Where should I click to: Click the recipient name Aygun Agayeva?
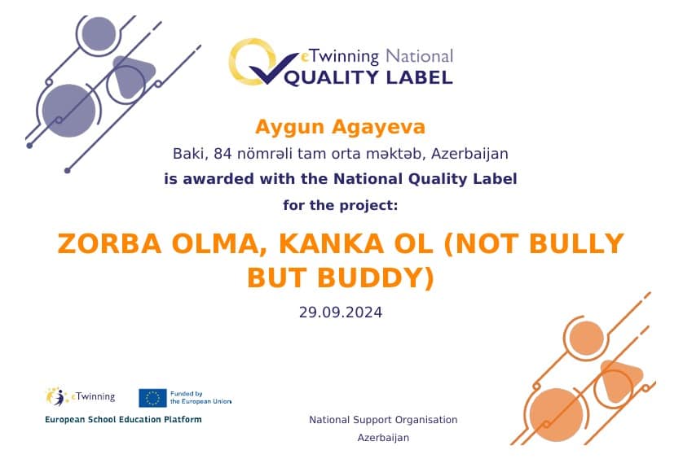tap(340, 128)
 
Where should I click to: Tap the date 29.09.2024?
tap(341, 312)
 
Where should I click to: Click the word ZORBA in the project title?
tap(109, 243)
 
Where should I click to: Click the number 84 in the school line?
tap(223, 154)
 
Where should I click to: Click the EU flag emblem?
tap(152, 398)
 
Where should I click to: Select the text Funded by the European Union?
tap(200, 398)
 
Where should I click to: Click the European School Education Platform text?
tap(123, 419)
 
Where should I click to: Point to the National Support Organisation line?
tap(383, 420)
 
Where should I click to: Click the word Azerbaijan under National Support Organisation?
tap(383, 438)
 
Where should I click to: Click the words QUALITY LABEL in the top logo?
tap(368, 77)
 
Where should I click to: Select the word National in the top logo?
tap(420, 56)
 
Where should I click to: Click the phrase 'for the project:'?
tap(341, 205)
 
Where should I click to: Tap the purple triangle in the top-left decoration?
tap(130, 76)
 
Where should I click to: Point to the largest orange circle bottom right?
tap(556, 414)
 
